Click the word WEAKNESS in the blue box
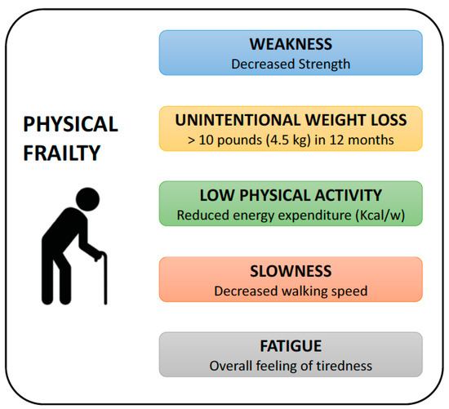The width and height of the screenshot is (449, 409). (291, 44)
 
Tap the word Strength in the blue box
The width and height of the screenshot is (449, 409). (324, 64)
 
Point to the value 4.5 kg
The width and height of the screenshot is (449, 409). (288, 140)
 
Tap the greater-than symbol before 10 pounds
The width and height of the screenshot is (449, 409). (191, 140)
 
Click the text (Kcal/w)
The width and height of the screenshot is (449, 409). (380, 216)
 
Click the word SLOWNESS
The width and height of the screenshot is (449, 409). (291, 271)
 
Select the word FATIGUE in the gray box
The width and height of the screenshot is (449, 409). (291, 346)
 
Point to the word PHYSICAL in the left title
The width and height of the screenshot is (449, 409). (70, 124)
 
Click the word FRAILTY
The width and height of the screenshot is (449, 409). (61, 153)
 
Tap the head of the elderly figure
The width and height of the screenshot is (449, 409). (87, 199)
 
